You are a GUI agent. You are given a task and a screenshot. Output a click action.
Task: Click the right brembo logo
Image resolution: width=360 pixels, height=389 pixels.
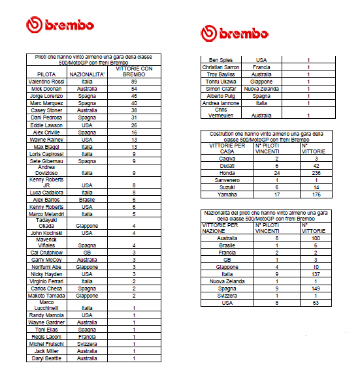tap(235, 33)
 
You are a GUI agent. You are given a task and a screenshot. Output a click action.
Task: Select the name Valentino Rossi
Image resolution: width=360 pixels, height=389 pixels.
tap(46, 81)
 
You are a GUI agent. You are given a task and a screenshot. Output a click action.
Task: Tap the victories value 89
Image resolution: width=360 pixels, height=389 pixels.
tap(134, 81)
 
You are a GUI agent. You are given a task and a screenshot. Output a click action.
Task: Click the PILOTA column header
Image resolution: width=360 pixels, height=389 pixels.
tap(46, 74)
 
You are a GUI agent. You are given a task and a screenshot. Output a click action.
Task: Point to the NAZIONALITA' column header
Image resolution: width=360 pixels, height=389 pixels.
tap(88, 74)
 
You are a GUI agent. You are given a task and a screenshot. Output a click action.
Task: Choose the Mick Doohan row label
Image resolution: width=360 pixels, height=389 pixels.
tap(46, 88)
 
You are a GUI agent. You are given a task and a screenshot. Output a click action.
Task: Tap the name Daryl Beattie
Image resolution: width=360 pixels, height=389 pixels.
tap(46, 358)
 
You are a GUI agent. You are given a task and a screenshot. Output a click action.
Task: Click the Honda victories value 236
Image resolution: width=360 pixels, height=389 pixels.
tap(316, 172)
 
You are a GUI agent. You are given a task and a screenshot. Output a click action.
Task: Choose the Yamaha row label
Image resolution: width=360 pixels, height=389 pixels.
tap(227, 194)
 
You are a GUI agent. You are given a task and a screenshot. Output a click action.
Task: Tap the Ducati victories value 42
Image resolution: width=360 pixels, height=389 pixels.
tap(316, 165)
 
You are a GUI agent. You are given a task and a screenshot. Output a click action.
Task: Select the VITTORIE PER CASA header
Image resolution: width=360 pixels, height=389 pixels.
tap(222, 148)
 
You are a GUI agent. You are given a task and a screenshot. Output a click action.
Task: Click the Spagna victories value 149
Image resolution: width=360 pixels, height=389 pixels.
tap(316, 287)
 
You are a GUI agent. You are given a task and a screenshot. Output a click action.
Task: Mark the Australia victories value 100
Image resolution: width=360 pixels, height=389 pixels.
tap(316, 238)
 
